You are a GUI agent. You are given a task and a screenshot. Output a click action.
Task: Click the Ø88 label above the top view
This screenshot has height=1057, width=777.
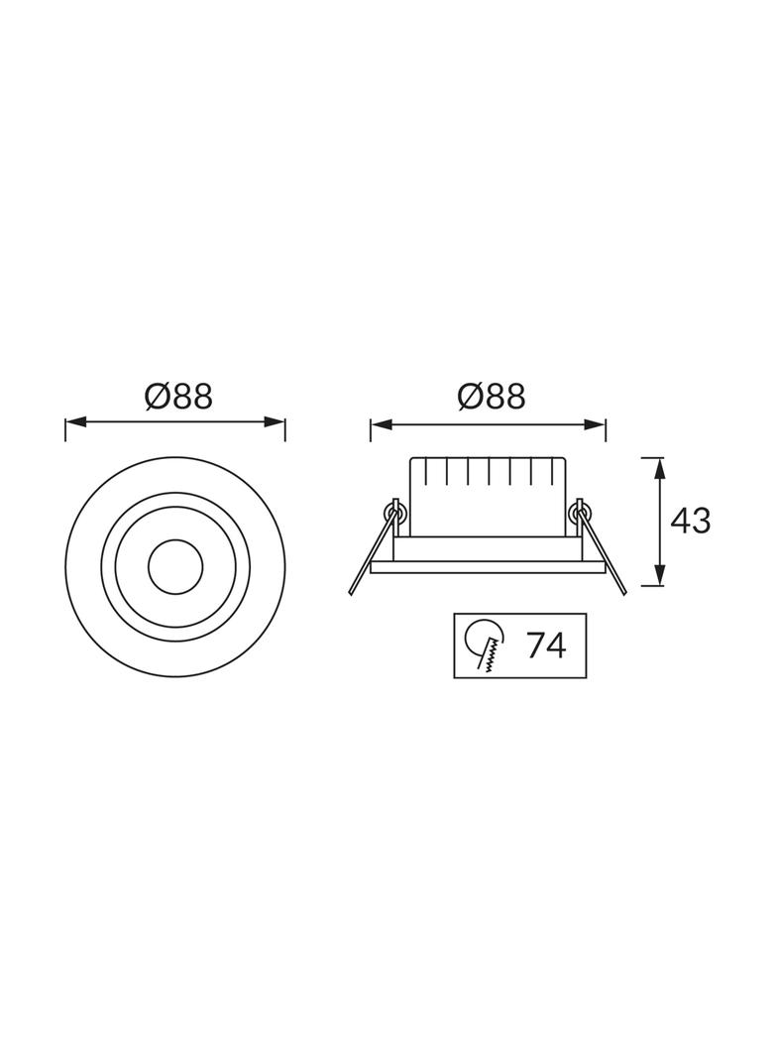pyautogui.click(x=178, y=397)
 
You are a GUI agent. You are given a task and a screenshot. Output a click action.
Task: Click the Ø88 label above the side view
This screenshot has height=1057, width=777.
pyautogui.click(x=492, y=397)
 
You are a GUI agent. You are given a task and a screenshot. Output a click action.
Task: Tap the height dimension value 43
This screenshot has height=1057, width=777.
pyautogui.click(x=691, y=521)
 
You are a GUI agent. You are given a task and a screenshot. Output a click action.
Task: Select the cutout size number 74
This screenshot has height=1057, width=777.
pyautogui.click(x=546, y=646)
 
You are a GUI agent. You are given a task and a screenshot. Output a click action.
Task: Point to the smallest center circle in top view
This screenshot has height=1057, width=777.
pyautogui.click(x=175, y=567)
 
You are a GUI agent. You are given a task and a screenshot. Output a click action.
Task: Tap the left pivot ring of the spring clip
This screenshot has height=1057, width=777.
pyautogui.click(x=394, y=511)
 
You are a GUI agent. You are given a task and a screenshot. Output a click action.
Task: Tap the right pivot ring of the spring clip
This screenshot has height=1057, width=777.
pyautogui.click(x=579, y=512)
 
